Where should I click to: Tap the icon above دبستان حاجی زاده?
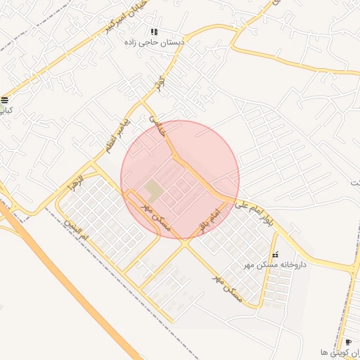pos(154,32)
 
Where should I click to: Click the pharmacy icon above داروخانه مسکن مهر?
pos(275,254)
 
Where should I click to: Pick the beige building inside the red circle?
pos(153,189)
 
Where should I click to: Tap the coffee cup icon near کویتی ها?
pos(349,342)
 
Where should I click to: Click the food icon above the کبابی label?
pos(5,99)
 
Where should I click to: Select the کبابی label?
pos(5,110)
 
